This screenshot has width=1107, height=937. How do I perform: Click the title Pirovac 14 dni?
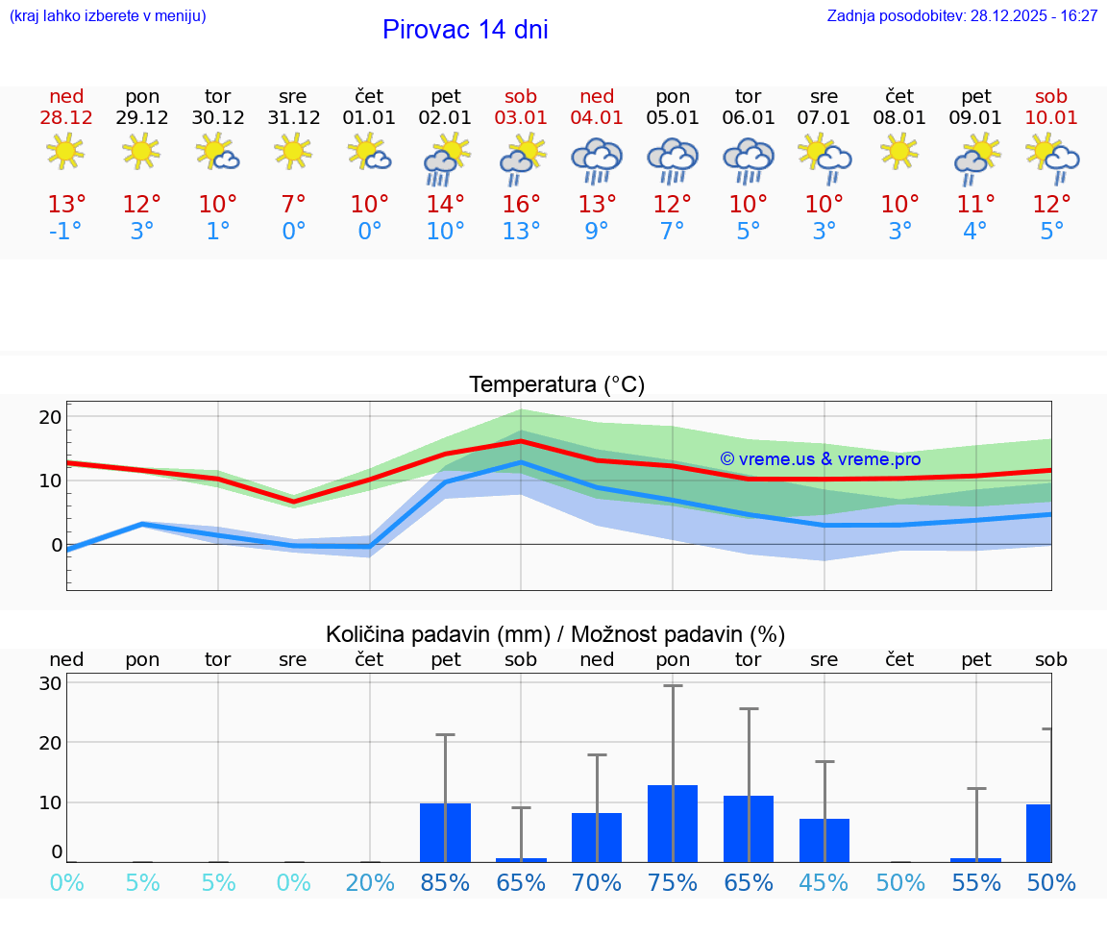click(x=465, y=30)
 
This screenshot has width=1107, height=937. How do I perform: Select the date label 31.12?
click(x=293, y=118)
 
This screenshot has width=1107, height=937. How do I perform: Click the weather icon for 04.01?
click(x=597, y=160)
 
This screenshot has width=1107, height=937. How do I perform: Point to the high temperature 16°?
click(x=521, y=205)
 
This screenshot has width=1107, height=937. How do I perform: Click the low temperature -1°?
click(x=66, y=232)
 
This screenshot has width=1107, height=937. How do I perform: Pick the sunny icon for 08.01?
click(x=899, y=152)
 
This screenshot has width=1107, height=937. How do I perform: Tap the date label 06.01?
click(x=749, y=118)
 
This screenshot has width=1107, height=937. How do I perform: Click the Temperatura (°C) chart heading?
click(x=556, y=385)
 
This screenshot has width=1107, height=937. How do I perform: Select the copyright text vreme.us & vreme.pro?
click(x=821, y=459)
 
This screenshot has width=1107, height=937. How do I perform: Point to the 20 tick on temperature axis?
click(x=50, y=417)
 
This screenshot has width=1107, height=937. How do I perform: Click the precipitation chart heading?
click(x=555, y=634)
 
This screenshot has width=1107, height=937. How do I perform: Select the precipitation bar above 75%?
click(x=673, y=824)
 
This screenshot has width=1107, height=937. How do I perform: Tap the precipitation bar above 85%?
click(x=445, y=832)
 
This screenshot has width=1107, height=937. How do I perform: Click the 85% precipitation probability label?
click(x=445, y=883)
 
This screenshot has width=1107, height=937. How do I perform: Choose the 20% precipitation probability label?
click(x=370, y=883)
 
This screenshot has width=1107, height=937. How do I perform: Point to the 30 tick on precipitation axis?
click(x=50, y=683)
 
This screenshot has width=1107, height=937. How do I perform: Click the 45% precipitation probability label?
click(x=824, y=883)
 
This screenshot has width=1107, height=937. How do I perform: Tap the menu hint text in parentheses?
click(x=108, y=16)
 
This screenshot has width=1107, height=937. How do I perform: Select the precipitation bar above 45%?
click(x=824, y=840)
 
